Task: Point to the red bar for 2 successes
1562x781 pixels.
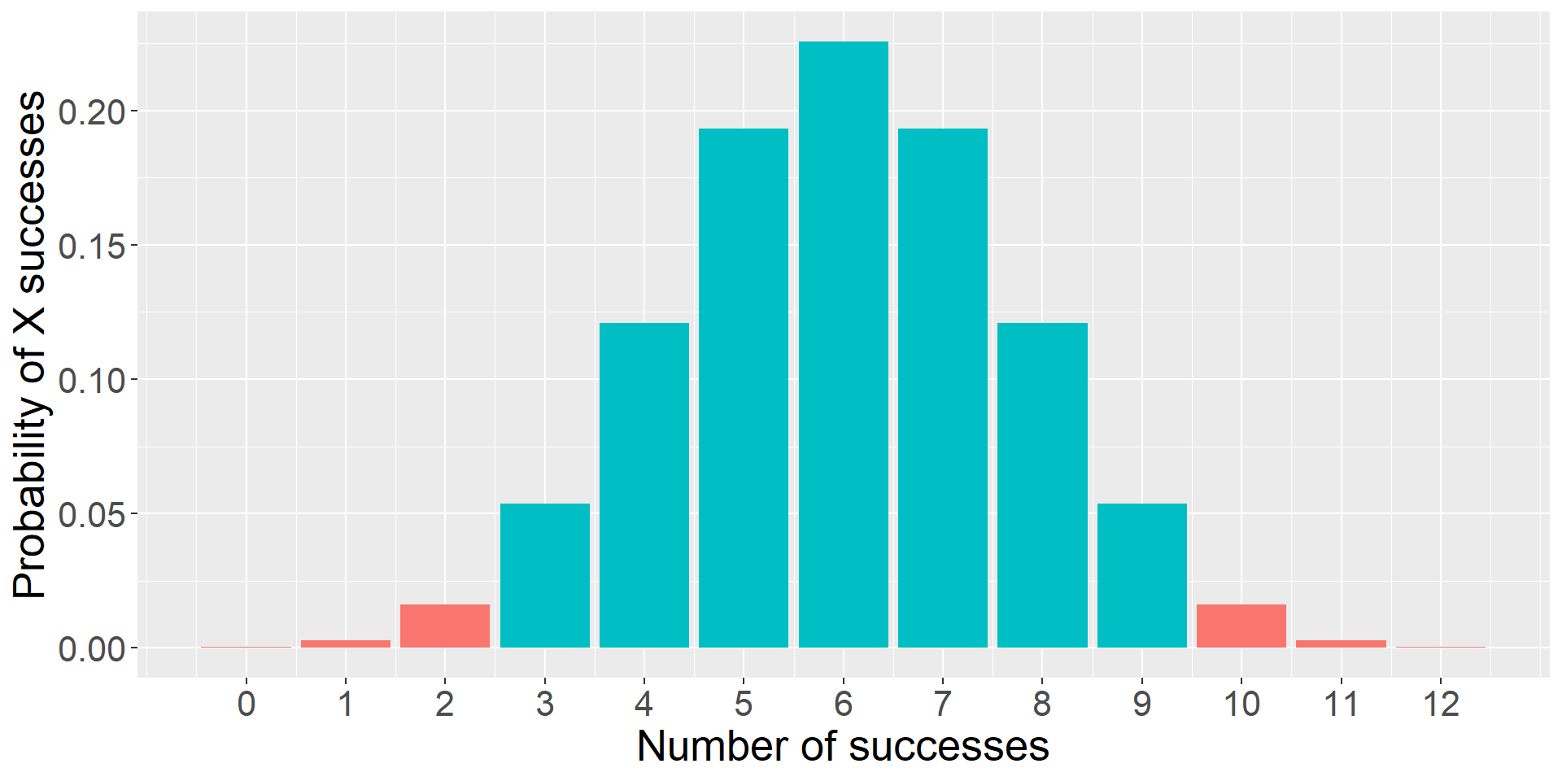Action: click(x=445, y=626)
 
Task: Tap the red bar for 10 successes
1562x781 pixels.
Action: click(x=1241, y=626)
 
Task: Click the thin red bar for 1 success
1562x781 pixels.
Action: click(x=346, y=644)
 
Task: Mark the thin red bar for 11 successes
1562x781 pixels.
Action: click(x=1341, y=644)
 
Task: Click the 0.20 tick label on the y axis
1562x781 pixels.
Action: click(x=92, y=112)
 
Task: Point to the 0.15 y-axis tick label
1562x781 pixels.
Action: click(x=92, y=247)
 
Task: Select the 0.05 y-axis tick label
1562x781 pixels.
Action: click(x=92, y=515)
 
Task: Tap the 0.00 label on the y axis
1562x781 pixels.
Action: click(x=92, y=649)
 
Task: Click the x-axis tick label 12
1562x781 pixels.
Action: click(x=1440, y=704)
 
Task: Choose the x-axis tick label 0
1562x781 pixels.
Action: click(x=247, y=704)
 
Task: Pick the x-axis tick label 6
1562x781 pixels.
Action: click(x=843, y=704)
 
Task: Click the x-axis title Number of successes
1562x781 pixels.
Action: click(x=843, y=747)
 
